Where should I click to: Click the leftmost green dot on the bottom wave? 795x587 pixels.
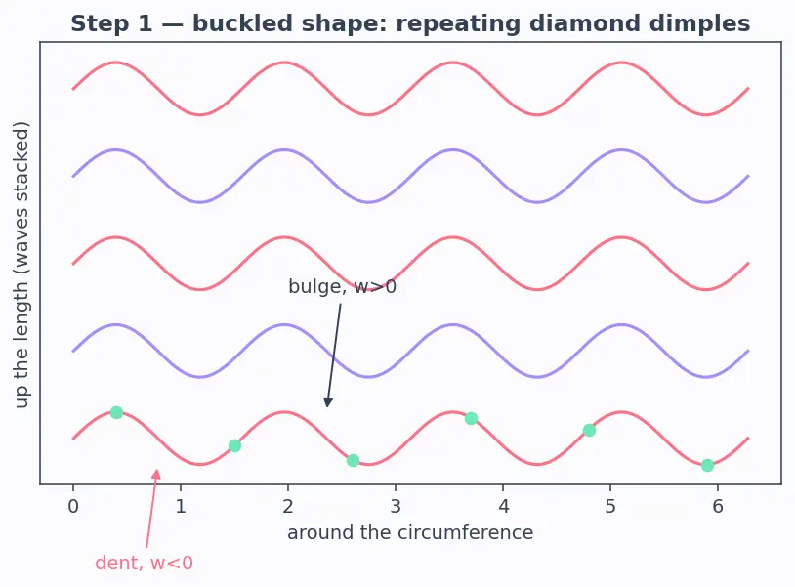tap(116, 412)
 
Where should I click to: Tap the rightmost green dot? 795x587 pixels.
tap(707, 465)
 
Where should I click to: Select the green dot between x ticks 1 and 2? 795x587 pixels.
tap(234, 446)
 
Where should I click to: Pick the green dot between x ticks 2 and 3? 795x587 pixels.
tap(353, 461)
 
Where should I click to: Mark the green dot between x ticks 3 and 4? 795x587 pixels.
tap(471, 418)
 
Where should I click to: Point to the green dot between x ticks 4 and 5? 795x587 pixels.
tap(589, 431)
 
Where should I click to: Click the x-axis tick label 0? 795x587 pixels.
tap(73, 506)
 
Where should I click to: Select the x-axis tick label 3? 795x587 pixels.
tap(396, 506)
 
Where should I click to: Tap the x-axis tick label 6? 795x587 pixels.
tap(718, 506)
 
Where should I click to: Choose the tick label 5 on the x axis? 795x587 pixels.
tap(610, 506)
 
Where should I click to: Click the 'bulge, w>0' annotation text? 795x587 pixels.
tap(342, 287)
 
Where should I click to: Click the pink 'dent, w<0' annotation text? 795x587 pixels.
tap(144, 564)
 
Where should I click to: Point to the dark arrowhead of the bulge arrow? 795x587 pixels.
tap(328, 402)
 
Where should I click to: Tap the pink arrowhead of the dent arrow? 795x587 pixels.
tap(156, 475)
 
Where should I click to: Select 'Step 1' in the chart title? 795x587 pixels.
tap(111, 24)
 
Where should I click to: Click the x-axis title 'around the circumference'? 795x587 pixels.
tap(410, 532)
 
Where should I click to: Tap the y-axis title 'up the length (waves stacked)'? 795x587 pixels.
tap(21, 265)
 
